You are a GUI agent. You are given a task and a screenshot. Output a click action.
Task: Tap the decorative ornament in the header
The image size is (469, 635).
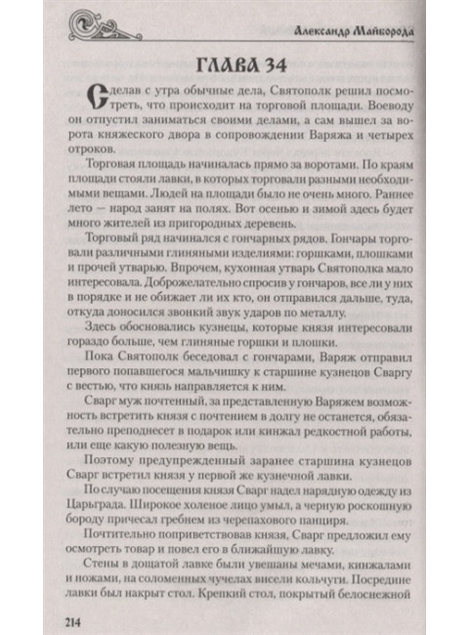click(x=105, y=26)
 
